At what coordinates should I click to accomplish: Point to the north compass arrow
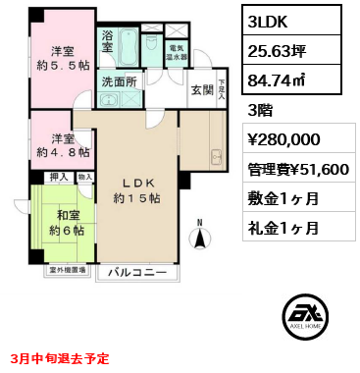coord(203,234)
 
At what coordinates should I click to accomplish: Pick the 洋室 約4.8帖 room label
coord(65,145)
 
